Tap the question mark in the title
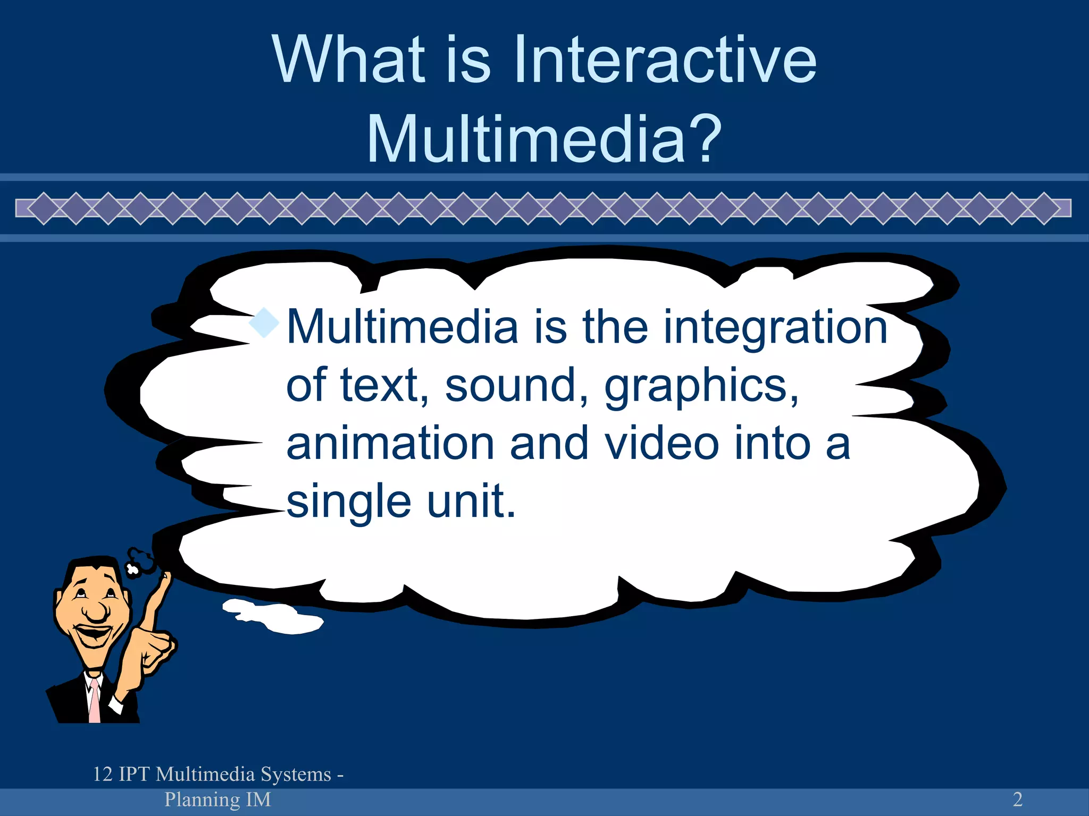(704, 139)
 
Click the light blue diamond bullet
(264, 322)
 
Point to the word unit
(471, 500)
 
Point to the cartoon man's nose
(96, 611)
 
